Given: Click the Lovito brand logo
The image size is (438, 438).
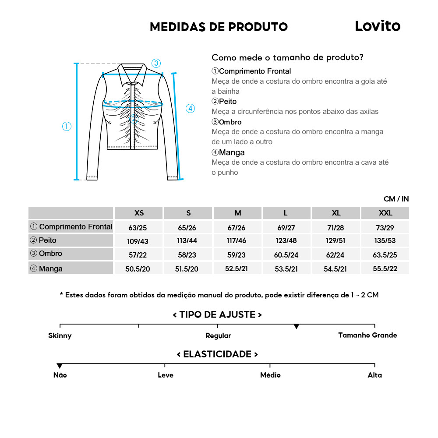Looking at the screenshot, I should click(x=377, y=26).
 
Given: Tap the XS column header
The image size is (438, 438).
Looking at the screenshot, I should click(x=139, y=213).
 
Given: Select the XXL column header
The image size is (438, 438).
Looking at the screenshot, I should click(x=385, y=213).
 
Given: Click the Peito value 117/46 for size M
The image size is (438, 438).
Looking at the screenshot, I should click(x=238, y=240).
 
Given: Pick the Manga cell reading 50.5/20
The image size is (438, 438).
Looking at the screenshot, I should click(x=138, y=269).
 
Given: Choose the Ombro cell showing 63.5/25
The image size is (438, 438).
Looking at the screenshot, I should click(x=385, y=254).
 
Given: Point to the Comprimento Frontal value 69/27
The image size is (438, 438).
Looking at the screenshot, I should click(x=286, y=227).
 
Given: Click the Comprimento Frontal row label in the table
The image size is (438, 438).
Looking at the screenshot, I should click(x=71, y=227).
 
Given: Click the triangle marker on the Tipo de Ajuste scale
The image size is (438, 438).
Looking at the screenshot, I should click(x=297, y=327).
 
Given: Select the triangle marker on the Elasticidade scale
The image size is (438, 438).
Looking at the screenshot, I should click(x=60, y=366).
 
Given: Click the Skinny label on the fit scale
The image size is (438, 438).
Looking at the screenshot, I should click(x=60, y=336).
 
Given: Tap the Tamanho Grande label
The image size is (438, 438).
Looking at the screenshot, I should click(x=367, y=336).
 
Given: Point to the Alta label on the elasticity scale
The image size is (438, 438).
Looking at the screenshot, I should click(x=374, y=375).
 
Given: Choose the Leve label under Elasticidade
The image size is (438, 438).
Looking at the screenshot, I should click(x=166, y=375).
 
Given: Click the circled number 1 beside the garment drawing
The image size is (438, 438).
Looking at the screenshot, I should click(x=67, y=127).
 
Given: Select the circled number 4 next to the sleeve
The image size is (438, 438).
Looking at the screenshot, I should click(x=190, y=109).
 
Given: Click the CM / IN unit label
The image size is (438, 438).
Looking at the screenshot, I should click(x=396, y=199).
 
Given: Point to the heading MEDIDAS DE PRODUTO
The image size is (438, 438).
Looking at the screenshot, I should click(x=219, y=27).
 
